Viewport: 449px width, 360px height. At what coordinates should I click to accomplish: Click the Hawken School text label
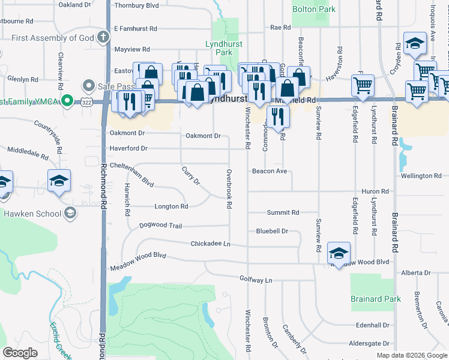[32, 214]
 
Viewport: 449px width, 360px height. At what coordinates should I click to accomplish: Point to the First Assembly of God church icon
[103, 38]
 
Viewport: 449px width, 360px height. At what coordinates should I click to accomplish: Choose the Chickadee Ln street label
[210, 244]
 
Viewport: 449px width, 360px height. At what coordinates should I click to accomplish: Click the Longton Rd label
[172, 206]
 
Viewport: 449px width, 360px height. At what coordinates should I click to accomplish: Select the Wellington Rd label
[421, 176]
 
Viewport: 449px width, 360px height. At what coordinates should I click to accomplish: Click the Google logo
[20, 353]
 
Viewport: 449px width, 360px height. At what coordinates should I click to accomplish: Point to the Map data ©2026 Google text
[411, 355]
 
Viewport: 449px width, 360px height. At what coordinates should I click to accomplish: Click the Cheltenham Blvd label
[132, 175]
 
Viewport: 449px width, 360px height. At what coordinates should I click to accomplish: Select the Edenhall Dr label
[372, 325]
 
